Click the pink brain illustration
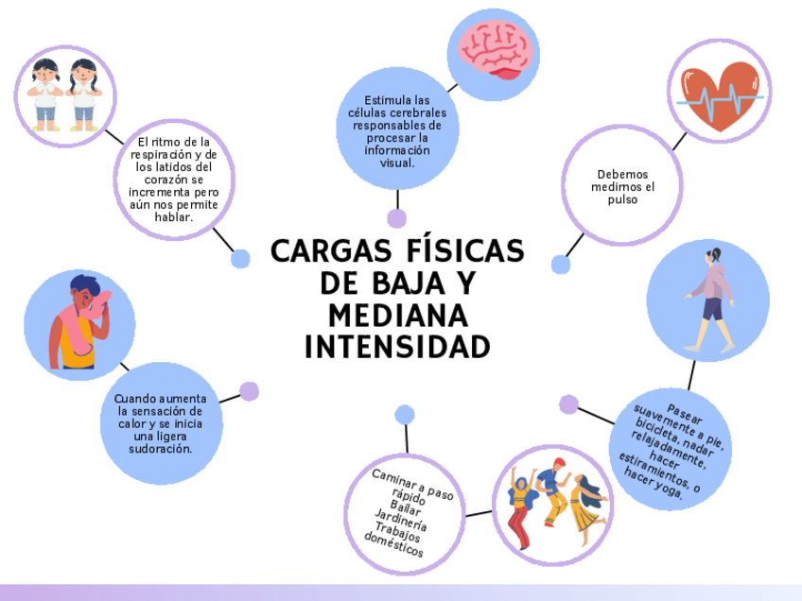pyautogui.click(x=494, y=52)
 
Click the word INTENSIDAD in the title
pyautogui.click(x=397, y=346)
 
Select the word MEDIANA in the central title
pyautogui.click(x=397, y=314)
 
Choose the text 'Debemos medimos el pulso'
pyautogui.click(x=622, y=186)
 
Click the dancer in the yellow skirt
pyautogui.click(x=586, y=507)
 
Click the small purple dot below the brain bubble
pyautogui.click(x=397, y=219)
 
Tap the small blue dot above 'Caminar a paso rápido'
pyautogui.click(x=405, y=414)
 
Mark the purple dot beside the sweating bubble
pyautogui.click(x=249, y=391)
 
